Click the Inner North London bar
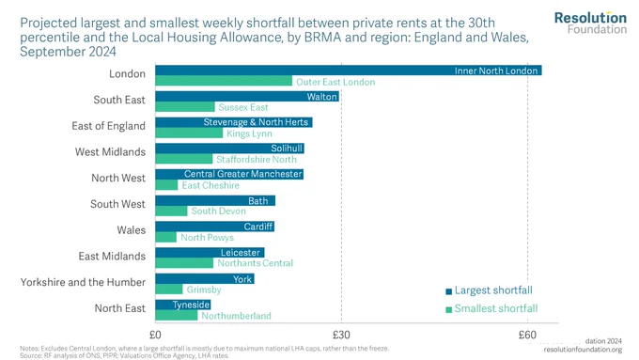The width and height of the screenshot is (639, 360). [x=349, y=70]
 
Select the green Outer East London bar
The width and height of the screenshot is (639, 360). [x=224, y=81]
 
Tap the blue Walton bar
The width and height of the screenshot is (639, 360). [x=247, y=96]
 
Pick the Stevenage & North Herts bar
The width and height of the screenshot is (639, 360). [x=234, y=122]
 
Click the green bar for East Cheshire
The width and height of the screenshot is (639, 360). [x=166, y=185]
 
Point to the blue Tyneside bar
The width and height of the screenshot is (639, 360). [x=183, y=305]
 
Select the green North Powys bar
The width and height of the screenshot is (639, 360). [x=166, y=237]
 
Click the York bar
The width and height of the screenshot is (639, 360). [x=205, y=279]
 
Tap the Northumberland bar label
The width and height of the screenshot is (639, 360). [x=237, y=316]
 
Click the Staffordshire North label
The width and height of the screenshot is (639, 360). [x=257, y=160]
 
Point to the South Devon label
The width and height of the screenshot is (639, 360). [x=219, y=211]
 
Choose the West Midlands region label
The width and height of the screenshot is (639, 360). [x=110, y=152]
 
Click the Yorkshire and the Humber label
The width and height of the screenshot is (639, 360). [x=83, y=282]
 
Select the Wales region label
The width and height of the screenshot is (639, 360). [x=132, y=230]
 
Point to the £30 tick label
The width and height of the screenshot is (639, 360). [x=341, y=335]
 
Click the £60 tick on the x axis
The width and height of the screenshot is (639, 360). [x=527, y=335]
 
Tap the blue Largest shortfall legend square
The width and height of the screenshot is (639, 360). [x=448, y=291]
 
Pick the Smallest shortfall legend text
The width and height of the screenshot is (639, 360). [x=496, y=308]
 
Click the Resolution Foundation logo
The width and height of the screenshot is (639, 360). [x=590, y=23]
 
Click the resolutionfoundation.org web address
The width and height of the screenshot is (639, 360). [x=583, y=350]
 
